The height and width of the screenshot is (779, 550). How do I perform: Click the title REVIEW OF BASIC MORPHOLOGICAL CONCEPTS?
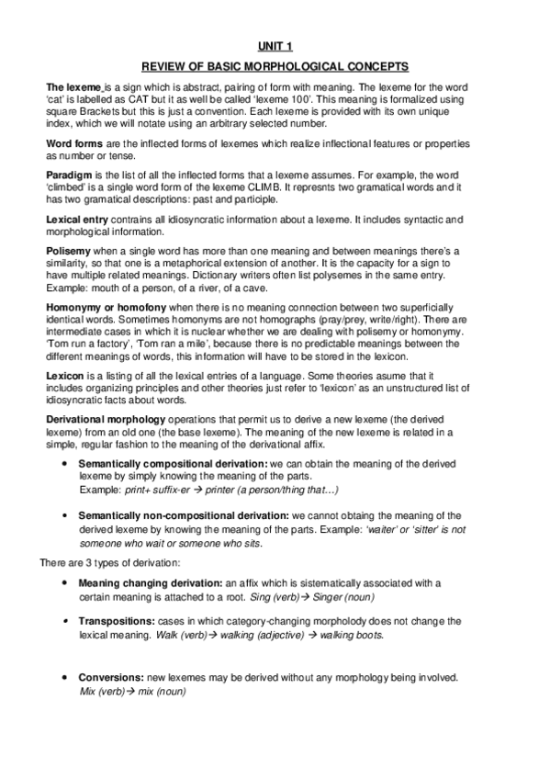[275, 66]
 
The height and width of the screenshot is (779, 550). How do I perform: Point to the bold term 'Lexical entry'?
[78, 218]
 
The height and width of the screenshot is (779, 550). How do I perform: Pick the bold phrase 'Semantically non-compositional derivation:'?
[184, 516]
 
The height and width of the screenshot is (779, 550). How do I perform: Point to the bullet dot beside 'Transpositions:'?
[62, 622]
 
